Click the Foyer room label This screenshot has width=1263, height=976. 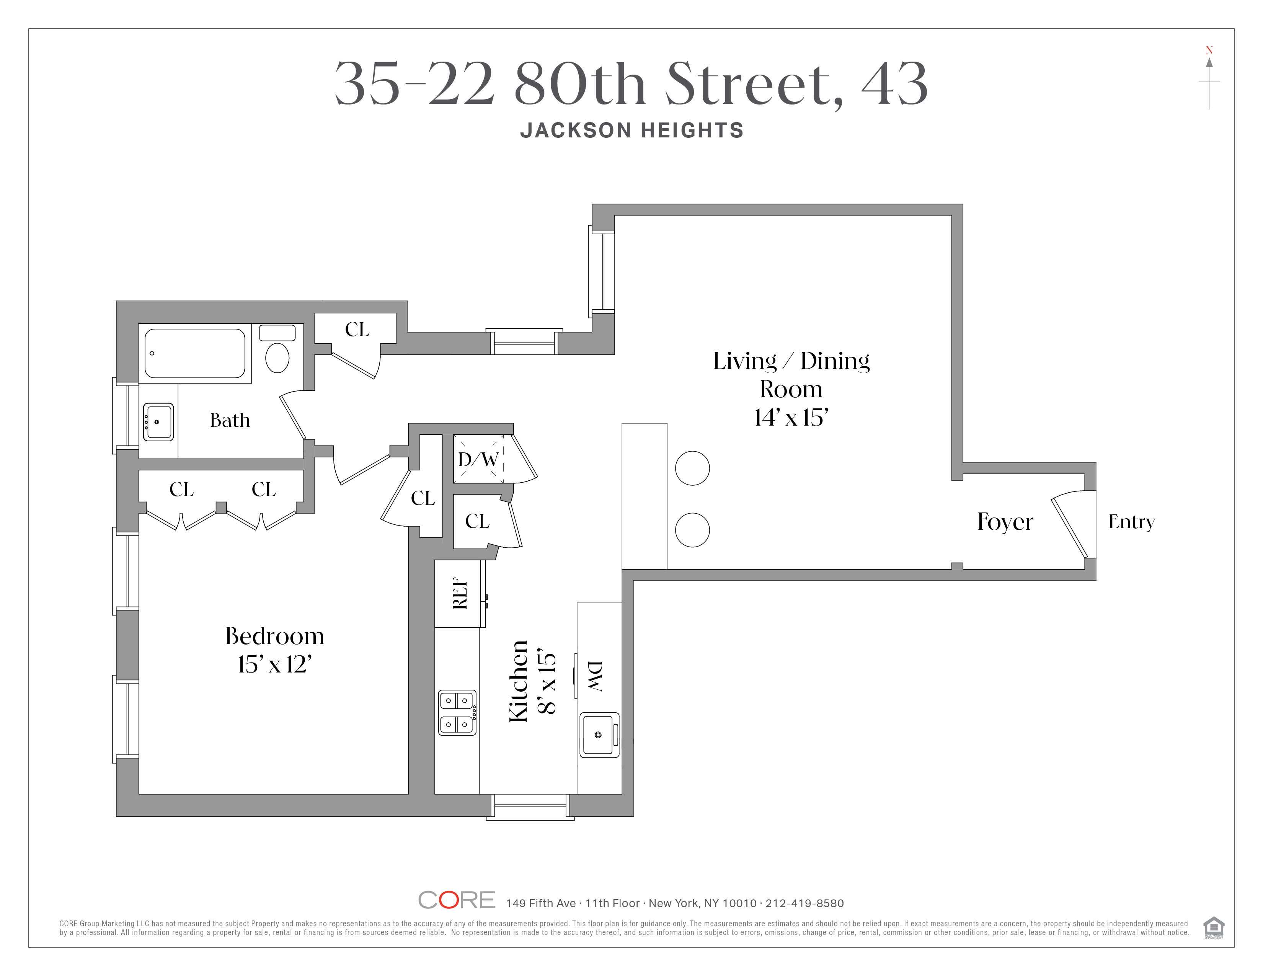tap(1005, 522)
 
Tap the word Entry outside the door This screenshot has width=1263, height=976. tap(1131, 522)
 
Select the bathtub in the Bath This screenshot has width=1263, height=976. tap(194, 353)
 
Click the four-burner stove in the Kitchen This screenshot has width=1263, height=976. tap(457, 712)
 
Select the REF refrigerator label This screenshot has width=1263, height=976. tap(460, 593)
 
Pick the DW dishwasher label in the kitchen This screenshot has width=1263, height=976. tap(596, 676)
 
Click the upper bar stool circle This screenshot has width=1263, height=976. tap(692, 468)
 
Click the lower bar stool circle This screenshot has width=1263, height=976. tap(692, 530)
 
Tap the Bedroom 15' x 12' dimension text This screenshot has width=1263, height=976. tap(275, 664)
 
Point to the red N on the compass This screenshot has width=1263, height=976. tap(1209, 50)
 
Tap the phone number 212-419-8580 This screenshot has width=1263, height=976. tap(804, 903)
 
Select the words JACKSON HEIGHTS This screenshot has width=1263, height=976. tap(631, 131)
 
